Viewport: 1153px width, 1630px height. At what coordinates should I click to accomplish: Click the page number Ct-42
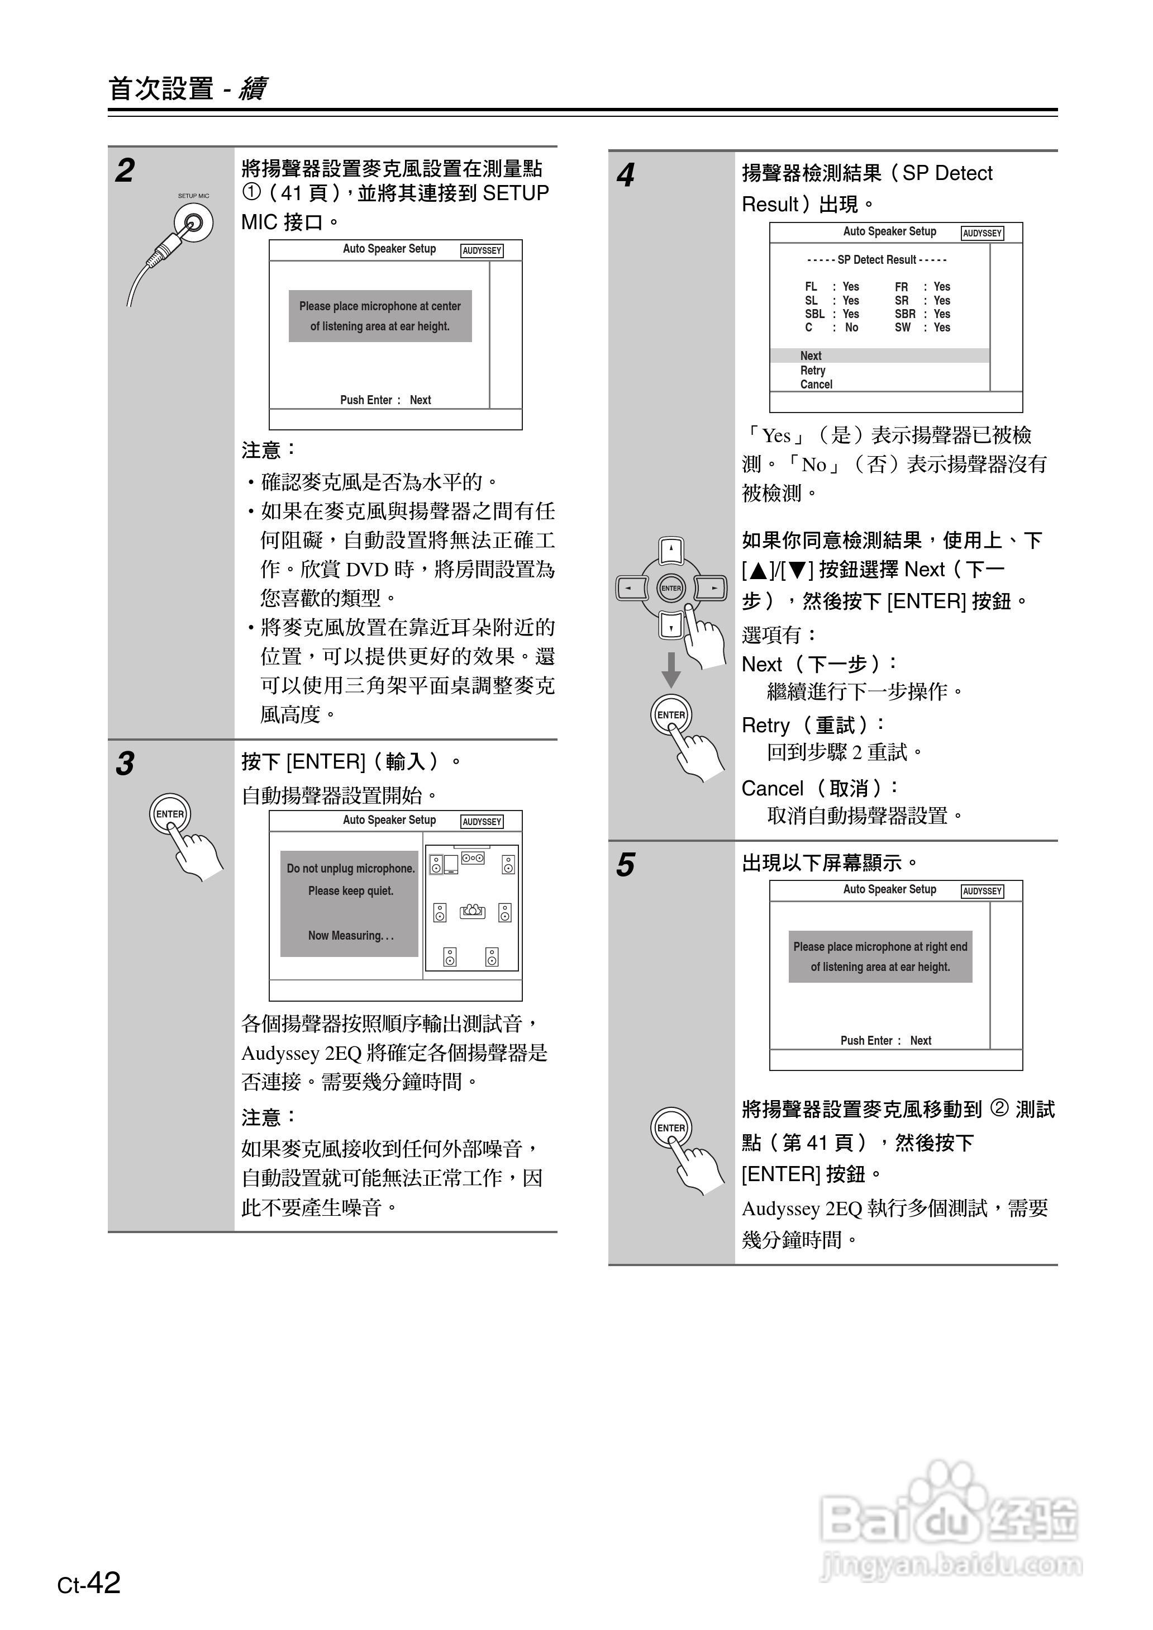pyautogui.click(x=89, y=1583)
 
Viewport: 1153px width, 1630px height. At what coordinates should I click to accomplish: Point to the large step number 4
pyautogui.click(x=625, y=175)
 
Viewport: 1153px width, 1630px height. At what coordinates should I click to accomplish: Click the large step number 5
pyautogui.click(x=625, y=865)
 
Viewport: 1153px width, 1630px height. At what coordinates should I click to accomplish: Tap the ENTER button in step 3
pyautogui.click(x=170, y=814)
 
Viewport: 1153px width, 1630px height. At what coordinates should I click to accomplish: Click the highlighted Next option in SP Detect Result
pyautogui.click(x=810, y=356)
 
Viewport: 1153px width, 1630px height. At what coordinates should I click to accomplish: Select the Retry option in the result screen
pyautogui.click(x=812, y=371)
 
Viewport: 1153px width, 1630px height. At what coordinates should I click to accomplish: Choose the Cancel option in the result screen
pyautogui.click(x=816, y=384)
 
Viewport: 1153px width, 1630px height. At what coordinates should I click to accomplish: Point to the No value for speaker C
pyautogui.click(x=851, y=328)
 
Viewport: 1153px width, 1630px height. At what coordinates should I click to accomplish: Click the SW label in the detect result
pyautogui.click(x=902, y=328)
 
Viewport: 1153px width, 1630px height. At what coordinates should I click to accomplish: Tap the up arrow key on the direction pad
pyautogui.click(x=671, y=549)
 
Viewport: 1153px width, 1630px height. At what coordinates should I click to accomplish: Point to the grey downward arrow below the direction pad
pyautogui.click(x=671, y=670)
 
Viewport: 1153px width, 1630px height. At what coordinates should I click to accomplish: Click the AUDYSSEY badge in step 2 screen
pyautogui.click(x=482, y=251)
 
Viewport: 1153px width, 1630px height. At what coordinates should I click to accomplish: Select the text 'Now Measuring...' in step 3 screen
pyautogui.click(x=350, y=935)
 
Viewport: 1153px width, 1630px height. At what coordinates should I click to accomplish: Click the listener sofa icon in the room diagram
pyautogui.click(x=472, y=911)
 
